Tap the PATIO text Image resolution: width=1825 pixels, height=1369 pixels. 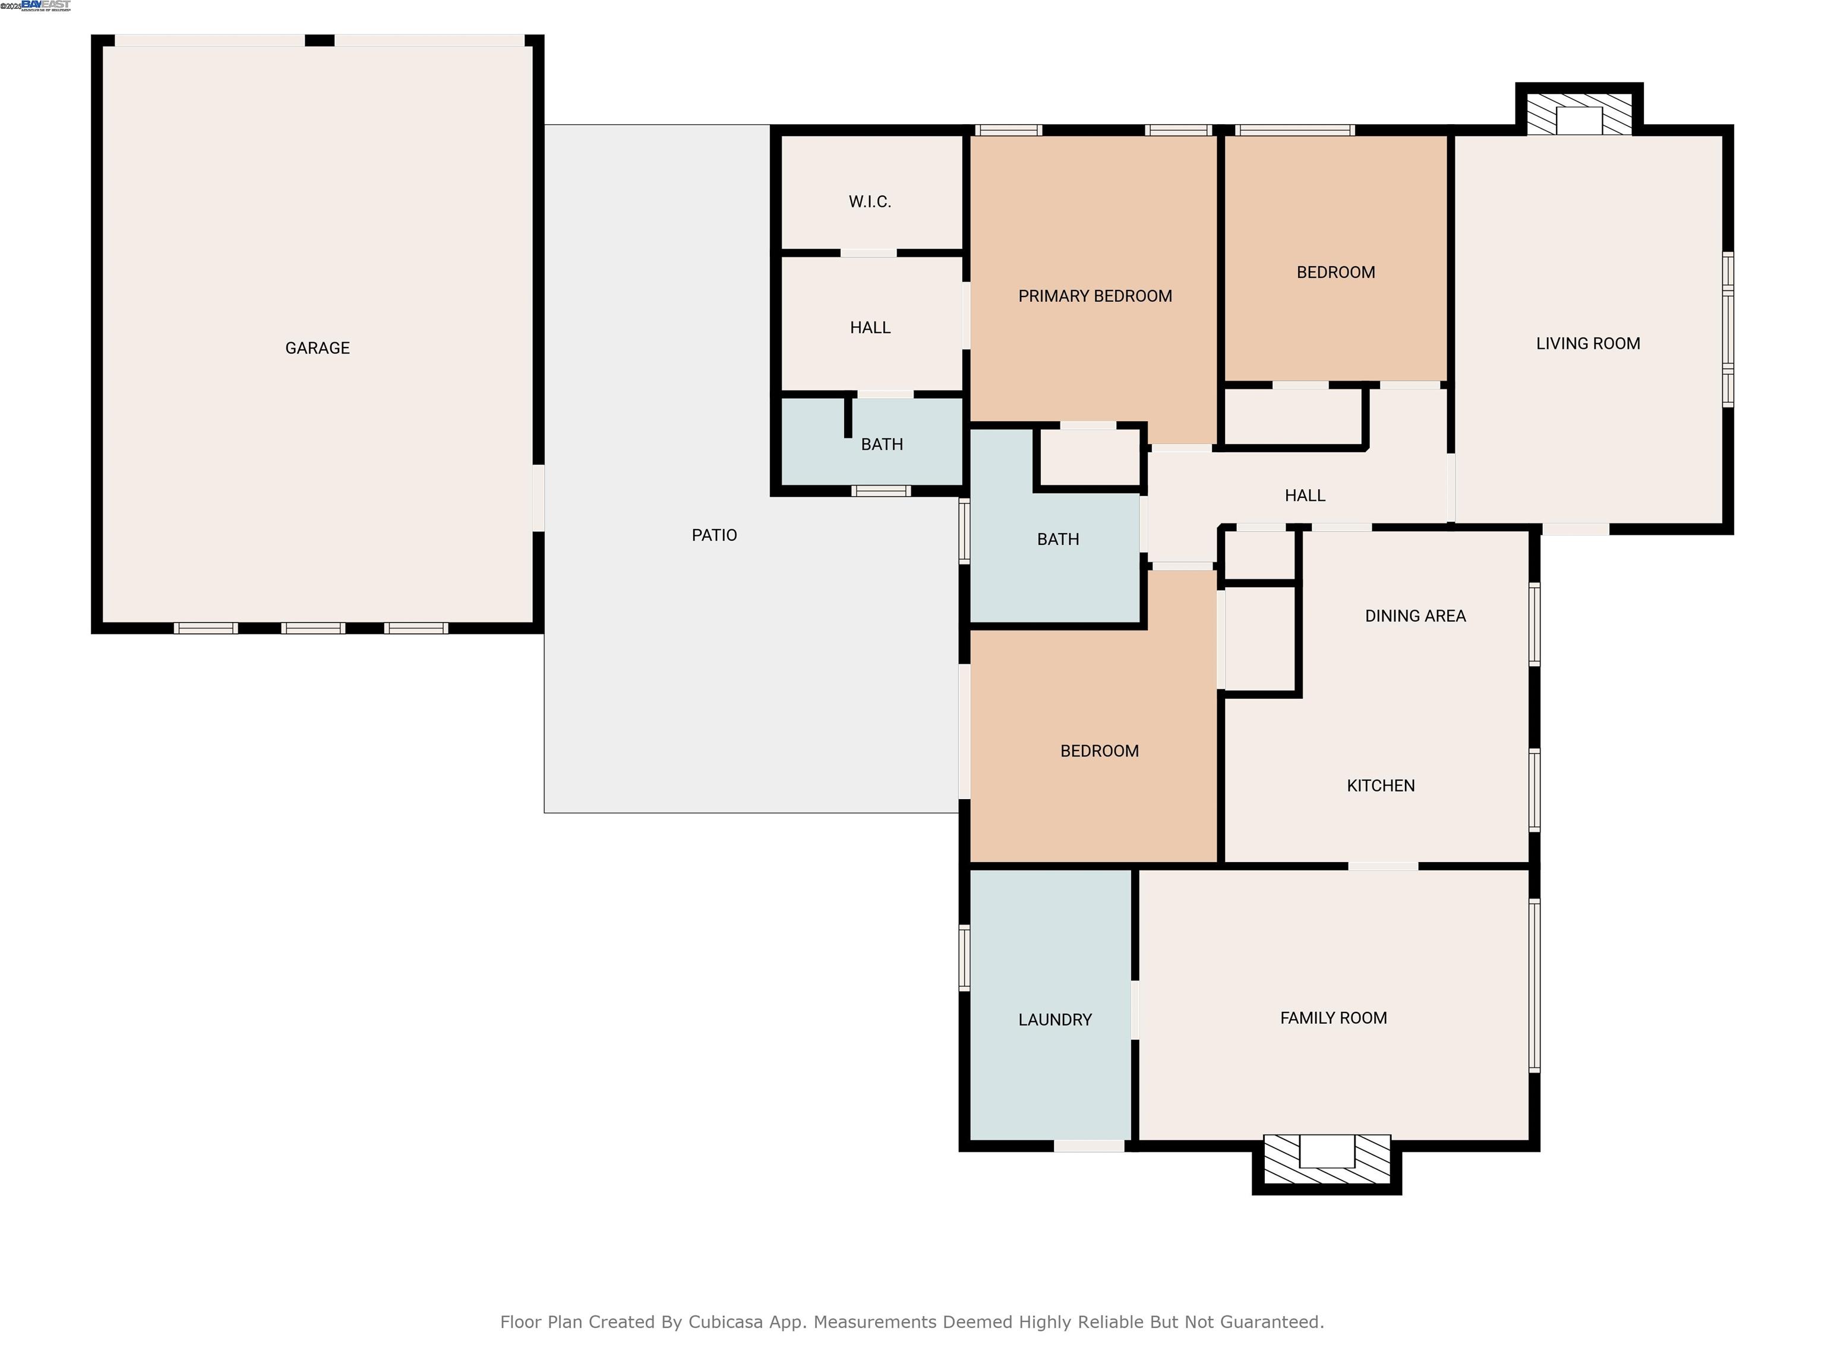[x=713, y=535]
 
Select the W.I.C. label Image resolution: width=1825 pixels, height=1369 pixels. [x=870, y=202]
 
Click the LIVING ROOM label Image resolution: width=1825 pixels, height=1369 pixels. [x=1587, y=344]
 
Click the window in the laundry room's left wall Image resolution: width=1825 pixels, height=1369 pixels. [x=963, y=957]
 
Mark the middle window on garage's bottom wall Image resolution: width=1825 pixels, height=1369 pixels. [x=312, y=629]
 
